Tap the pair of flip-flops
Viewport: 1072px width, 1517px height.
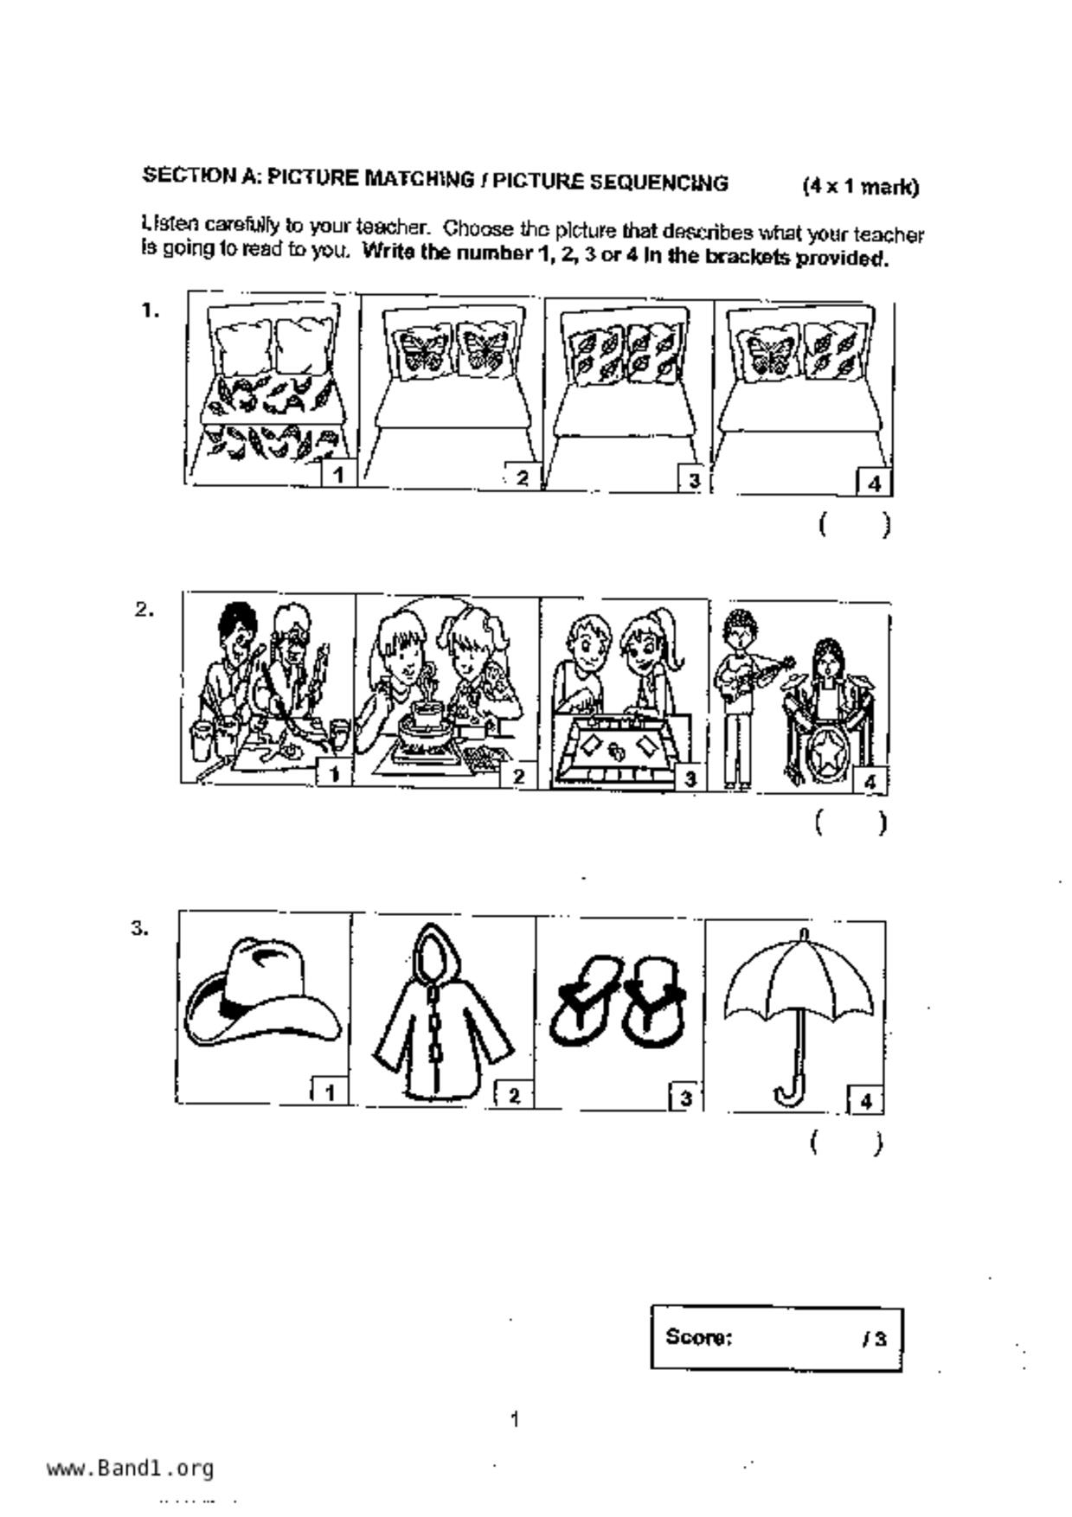pos(619,1000)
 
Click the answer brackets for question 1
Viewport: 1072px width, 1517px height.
pos(855,525)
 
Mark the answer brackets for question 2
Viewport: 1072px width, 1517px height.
pos(851,823)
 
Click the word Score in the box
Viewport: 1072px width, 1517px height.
pos(698,1337)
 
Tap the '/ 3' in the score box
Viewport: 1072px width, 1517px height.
pos(874,1340)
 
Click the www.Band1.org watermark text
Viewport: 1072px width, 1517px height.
pos(131,1469)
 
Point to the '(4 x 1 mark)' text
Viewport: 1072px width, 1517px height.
pos(860,186)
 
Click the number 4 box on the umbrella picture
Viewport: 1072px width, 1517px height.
pos(865,1100)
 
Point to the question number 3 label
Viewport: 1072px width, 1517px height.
pos(139,929)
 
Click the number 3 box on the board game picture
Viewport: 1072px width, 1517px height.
pos(690,778)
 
